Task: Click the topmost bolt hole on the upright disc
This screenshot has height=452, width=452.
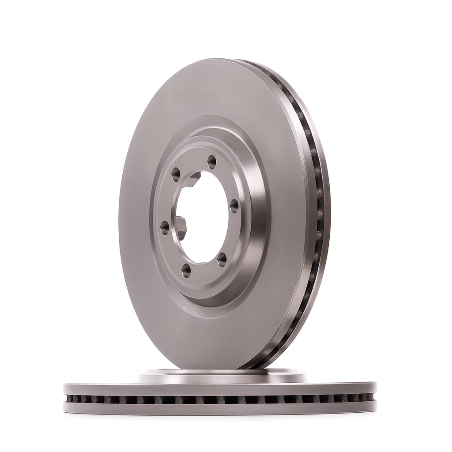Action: click(x=212, y=162)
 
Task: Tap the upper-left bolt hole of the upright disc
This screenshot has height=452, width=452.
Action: click(x=176, y=174)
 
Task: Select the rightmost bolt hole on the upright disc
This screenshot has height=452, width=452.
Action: click(x=234, y=205)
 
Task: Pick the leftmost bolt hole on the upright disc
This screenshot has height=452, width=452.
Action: click(x=165, y=227)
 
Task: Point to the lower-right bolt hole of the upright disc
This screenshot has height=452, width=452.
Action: click(x=222, y=260)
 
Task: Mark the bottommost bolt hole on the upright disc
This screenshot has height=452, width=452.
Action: click(x=186, y=270)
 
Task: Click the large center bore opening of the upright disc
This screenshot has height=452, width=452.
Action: click(x=203, y=216)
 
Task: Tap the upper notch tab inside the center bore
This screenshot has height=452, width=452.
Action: click(x=192, y=179)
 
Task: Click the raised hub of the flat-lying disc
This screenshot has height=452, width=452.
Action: click(x=221, y=377)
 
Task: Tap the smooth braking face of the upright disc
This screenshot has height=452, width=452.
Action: click(x=141, y=247)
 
